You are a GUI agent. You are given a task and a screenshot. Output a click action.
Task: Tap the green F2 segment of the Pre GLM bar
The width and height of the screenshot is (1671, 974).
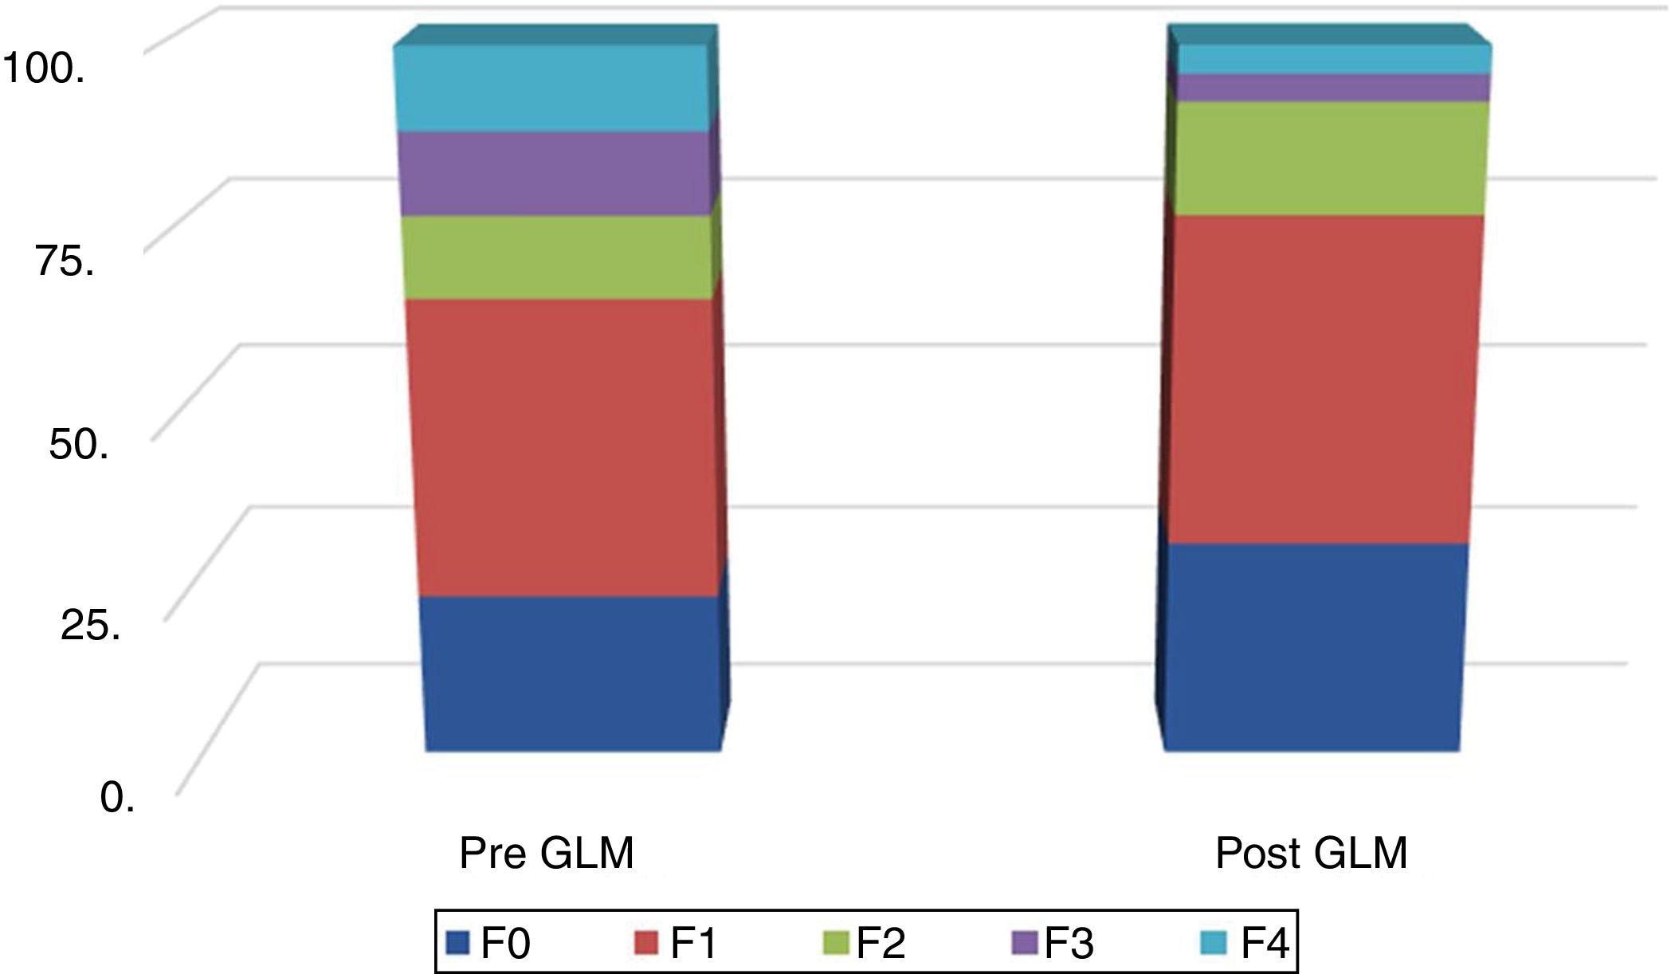[x=558, y=257]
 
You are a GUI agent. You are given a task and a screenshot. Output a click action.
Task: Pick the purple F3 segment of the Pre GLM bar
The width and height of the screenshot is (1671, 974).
[x=555, y=174]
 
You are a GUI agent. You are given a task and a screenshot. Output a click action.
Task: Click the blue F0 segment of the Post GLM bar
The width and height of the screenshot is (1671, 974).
[x=1313, y=647]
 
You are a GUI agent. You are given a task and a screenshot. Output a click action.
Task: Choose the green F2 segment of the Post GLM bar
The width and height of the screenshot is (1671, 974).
[x=1331, y=159]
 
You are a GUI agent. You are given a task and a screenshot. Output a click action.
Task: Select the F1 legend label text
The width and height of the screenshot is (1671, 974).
[x=693, y=944]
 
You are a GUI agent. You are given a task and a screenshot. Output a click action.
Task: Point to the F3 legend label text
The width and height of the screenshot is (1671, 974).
[x=1069, y=944]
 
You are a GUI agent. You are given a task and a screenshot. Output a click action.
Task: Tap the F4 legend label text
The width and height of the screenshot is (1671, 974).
[x=1265, y=944]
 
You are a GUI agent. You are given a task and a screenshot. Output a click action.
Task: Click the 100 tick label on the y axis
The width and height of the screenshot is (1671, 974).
[x=44, y=69]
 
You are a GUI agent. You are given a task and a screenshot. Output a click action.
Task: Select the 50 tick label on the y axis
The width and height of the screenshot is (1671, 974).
[x=78, y=443]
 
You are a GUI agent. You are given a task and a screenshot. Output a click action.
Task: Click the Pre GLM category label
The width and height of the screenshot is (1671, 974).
[x=547, y=854]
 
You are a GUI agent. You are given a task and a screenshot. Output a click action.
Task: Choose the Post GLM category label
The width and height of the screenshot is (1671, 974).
[x=1311, y=854]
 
